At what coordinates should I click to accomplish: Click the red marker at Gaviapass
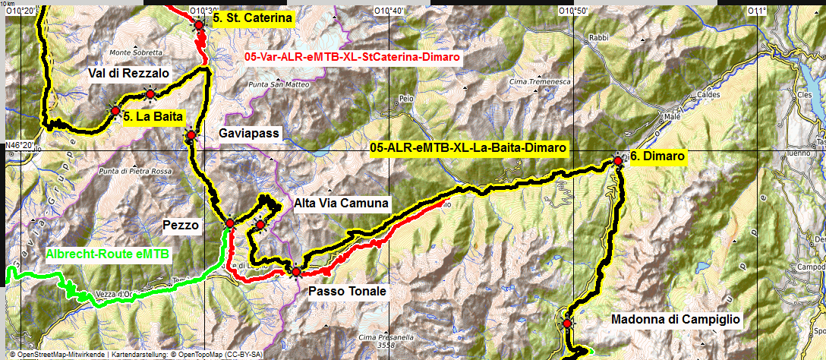pos(191,135)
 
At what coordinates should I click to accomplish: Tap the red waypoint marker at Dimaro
pos(618,160)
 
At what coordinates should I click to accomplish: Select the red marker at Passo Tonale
pos(295,271)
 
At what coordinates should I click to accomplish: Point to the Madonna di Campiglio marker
pos(566,324)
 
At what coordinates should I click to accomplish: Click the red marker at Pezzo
pos(229,223)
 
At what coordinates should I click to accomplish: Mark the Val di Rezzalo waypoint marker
pos(150,93)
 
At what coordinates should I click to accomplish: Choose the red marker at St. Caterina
pos(199,24)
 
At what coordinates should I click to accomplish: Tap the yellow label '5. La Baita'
pos(153,118)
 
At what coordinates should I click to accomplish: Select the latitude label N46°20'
pos(20,145)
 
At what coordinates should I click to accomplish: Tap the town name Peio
pos(406,99)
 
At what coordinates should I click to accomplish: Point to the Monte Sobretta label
pos(136,52)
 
